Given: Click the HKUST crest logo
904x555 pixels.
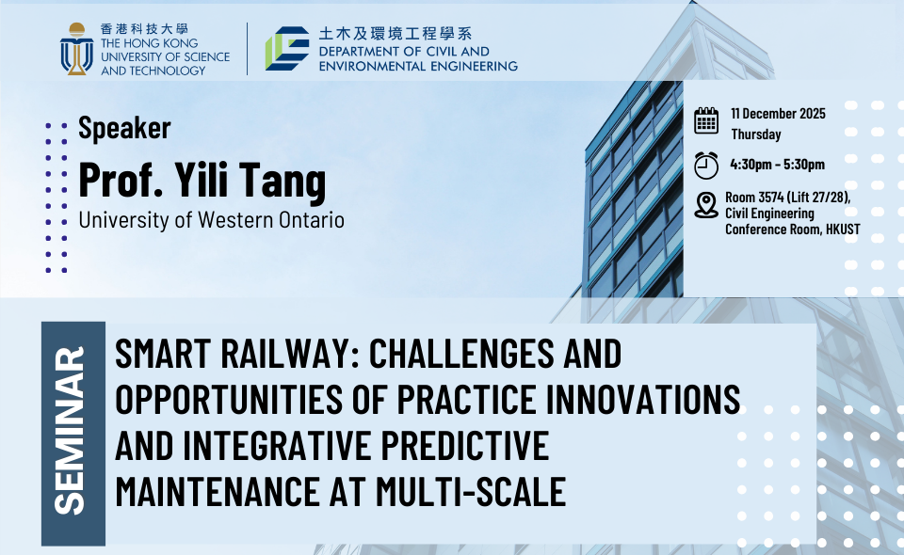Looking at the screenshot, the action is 76,49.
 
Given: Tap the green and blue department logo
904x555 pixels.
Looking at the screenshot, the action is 287,48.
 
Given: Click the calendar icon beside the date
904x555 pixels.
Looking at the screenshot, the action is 706,120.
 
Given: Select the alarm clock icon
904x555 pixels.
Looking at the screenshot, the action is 706,166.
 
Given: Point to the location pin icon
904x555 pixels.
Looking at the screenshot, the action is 706,205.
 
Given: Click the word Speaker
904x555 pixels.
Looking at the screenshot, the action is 124,128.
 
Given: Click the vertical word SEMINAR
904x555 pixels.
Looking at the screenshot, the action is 70,430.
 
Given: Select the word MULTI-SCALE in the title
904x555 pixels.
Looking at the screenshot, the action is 471,491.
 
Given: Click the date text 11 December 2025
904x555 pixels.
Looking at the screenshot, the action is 779,114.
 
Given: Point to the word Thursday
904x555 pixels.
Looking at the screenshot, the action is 756,135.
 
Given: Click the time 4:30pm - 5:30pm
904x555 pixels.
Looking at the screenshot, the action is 777,164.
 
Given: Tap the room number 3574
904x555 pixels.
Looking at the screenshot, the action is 771,197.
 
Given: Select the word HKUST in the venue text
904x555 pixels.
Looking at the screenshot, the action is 843,230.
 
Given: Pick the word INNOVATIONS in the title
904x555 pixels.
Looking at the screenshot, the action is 643,399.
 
